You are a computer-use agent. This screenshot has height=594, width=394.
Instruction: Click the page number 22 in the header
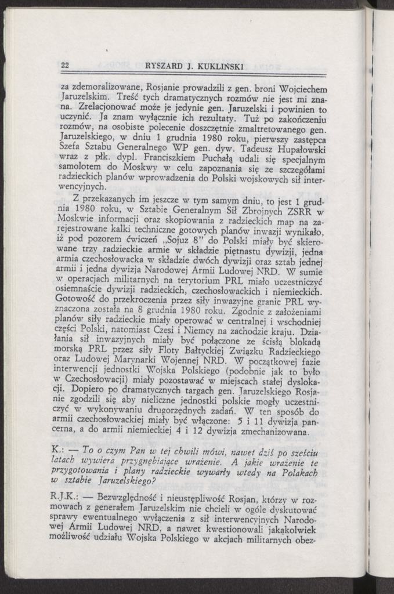click(x=65, y=66)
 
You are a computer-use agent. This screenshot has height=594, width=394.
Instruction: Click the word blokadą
click(x=308, y=342)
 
